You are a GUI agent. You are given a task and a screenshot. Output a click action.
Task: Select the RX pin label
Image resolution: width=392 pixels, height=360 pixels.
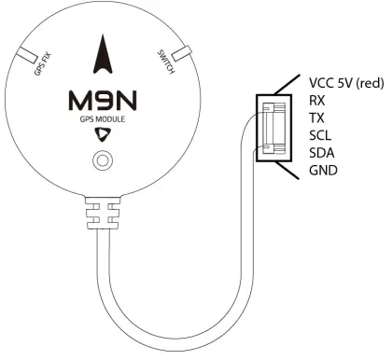click(x=316, y=100)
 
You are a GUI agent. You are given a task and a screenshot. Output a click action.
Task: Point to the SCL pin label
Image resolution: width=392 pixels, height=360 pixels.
click(x=318, y=135)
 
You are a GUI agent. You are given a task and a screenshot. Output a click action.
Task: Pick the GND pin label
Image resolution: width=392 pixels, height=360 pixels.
click(x=321, y=171)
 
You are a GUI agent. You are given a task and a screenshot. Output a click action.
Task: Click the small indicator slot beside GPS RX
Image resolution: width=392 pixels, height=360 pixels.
click(x=32, y=53)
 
